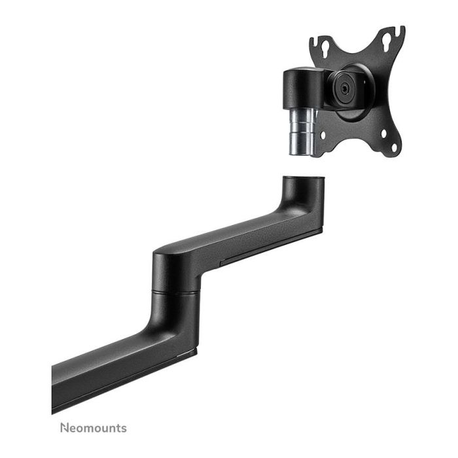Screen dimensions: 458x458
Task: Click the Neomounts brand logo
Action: [94, 429]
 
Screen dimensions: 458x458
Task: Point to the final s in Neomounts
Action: [124, 429]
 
